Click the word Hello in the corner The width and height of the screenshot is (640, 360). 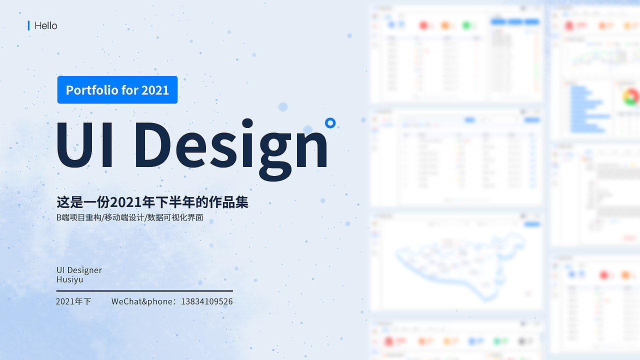[46, 25]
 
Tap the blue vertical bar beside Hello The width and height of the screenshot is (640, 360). [28, 25]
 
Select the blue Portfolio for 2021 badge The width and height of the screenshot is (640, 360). [117, 90]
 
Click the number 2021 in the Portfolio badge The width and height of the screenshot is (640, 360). [155, 90]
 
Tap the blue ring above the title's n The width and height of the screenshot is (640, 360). [329, 122]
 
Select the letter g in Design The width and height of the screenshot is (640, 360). [275, 152]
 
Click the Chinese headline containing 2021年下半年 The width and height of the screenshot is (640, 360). [152, 202]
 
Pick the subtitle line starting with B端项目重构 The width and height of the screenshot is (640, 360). [130, 217]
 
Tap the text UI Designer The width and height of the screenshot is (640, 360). [79, 270]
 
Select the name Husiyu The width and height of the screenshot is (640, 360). [70, 279]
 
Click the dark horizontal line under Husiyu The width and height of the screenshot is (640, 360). [144, 290]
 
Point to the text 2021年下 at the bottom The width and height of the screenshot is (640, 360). [73, 301]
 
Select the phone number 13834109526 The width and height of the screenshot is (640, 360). [206, 301]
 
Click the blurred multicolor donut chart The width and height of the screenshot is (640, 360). [631, 96]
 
